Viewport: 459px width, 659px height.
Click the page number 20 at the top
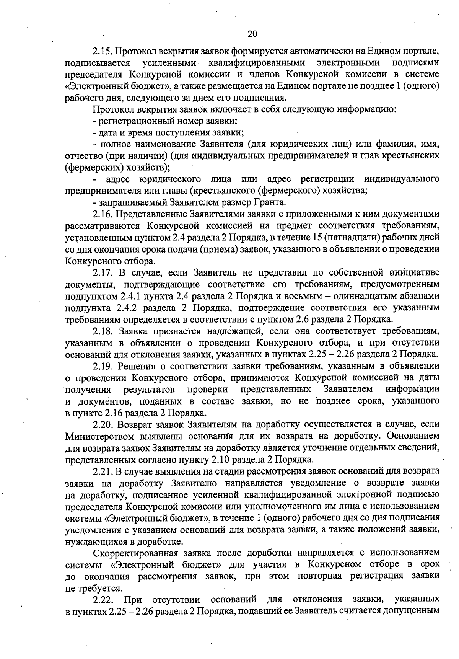(x=252, y=34)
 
